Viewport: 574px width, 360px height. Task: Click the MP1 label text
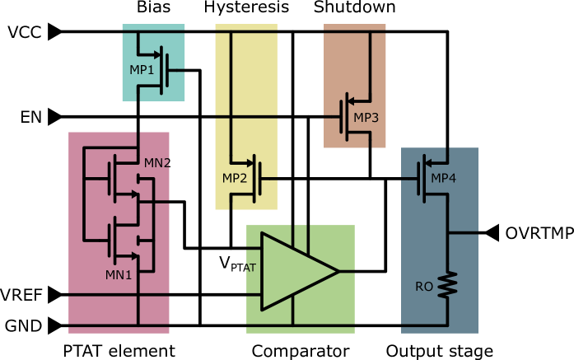click(x=142, y=70)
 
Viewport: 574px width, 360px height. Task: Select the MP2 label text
click(x=235, y=178)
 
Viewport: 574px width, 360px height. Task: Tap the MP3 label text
click(x=366, y=118)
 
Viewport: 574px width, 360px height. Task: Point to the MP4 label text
click(x=443, y=178)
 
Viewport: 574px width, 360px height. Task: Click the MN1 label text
click(x=119, y=275)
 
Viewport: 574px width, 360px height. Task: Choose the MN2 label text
click(x=156, y=163)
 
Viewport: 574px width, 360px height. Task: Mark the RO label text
click(x=424, y=287)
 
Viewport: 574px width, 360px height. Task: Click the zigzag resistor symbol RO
click(x=447, y=285)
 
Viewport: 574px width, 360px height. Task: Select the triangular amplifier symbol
click(x=295, y=271)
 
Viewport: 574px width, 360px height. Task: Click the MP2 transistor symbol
click(x=256, y=177)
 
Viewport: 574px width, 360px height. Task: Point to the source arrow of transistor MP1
click(x=156, y=55)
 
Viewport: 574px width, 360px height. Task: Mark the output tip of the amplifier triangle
click(x=338, y=271)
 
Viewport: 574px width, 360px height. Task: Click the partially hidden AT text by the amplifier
click(x=250, y=268)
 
